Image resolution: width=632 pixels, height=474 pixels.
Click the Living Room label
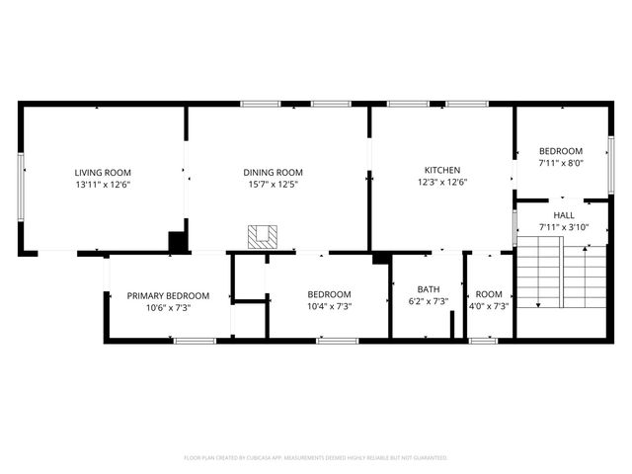(x=103, y=172)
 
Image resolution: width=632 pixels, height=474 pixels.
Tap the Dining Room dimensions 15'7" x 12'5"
(x=273, y=185)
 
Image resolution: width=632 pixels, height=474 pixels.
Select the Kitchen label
(x=441, y=169)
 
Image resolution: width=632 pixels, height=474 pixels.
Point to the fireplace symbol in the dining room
(x=264, y=237)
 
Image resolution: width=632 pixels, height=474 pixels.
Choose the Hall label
(x=563, y=215)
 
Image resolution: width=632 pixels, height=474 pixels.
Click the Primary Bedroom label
(x=168, y=295)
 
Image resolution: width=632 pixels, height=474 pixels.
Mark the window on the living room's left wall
(x=21, y=179)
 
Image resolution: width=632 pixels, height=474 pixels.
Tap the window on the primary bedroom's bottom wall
(x=194, y=341)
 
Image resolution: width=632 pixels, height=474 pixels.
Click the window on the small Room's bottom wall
(x=483, y=341)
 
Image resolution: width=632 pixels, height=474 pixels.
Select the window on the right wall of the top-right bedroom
(x=610, y=162)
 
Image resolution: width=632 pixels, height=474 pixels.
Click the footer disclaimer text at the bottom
(x=316, y=458)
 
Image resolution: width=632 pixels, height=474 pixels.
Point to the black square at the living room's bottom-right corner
(x=178, y=242)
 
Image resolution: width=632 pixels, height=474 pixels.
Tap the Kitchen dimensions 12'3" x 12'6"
(x=441, y=182)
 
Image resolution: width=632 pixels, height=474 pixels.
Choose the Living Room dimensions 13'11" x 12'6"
(x=103, y=185)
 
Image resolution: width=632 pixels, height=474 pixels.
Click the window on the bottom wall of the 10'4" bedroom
(x=337, y=341)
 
